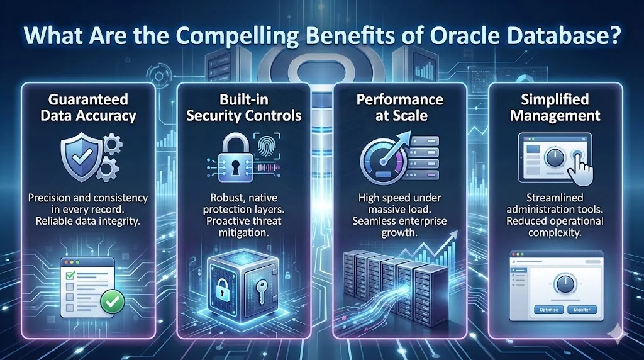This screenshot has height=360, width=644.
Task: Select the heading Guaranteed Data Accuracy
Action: point(88,108)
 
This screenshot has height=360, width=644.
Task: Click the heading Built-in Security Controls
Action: point(243,108)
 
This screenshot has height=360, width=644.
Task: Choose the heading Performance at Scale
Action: point(400,108)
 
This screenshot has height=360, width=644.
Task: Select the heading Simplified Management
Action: point(555,108)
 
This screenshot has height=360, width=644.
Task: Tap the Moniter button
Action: point(581,310)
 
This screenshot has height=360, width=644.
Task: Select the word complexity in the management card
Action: point(555,232)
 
